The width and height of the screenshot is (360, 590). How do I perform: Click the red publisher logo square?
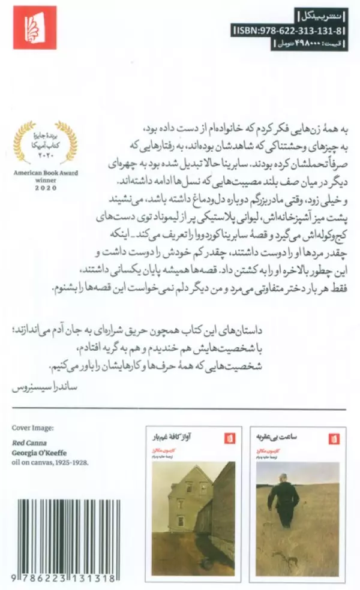[x=35, y=28]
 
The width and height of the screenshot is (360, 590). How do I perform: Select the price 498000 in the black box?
[x=301, y=43]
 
